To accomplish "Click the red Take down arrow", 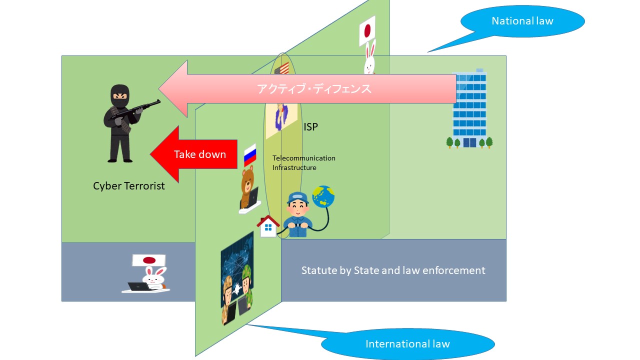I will (190, 154).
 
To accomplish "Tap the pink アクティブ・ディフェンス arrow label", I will (314, 89).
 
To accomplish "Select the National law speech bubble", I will (522, 21).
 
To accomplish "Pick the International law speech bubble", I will (407, 344).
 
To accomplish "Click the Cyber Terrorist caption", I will (128, 186).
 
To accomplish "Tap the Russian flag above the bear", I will (250, 155).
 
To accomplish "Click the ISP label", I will (310, 127).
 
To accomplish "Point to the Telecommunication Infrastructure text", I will (303, 163).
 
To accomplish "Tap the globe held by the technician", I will (323, 197).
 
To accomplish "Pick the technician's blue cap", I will (296, 196).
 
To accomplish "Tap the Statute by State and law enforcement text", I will (393, 270).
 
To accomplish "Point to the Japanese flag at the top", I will (367, 31).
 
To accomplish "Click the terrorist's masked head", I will (119, 95).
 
